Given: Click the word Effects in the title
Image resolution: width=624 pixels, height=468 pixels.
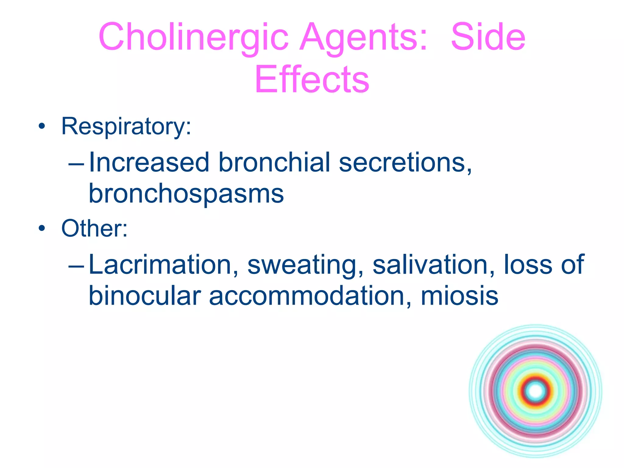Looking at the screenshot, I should pos(312,80).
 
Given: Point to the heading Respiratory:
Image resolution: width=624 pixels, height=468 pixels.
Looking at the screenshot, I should pos(126,126).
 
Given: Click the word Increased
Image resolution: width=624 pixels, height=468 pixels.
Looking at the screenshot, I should pos(149,163).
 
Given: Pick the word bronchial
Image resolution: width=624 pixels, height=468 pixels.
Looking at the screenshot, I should pos(274,163).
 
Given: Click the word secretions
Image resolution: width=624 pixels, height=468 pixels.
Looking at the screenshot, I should pos(405,163).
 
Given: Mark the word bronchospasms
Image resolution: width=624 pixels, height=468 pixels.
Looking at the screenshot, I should pos(186,194).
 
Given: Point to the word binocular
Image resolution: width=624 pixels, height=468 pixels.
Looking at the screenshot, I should pos(145,296).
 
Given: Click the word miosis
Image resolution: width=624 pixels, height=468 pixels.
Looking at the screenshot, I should pos(459,296).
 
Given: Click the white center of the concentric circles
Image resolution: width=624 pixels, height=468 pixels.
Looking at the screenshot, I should pos(536,391).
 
